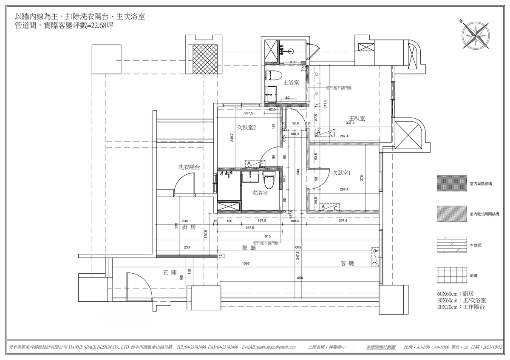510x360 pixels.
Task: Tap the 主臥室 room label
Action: pyautogui.click(x=357, y=119)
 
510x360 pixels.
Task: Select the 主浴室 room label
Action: pyautogui.click(x=292, y=82)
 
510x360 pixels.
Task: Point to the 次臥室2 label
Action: pyautogui.click(x=246, y=127)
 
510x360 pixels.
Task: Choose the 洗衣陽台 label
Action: pyautogui.click(x=189, y=167)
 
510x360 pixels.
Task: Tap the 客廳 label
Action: pyautogui.click(x=347, y=264)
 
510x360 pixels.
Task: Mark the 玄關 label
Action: pyautogui.click(x=170, y=272)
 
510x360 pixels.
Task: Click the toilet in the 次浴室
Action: pyautogui.click(x=268, y=181)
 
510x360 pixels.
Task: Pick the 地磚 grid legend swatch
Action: pyautogui.click(x=451, y=275)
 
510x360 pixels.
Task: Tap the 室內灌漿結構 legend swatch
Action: pyautogui.click(x=451, y=184)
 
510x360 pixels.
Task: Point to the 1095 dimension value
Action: pyautogui.click(x=246, y=264)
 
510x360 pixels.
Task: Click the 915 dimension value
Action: pyautogui.click(x=267, y=236)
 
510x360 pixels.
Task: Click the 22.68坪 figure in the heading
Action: pyautogui.click(x=101, y=26)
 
